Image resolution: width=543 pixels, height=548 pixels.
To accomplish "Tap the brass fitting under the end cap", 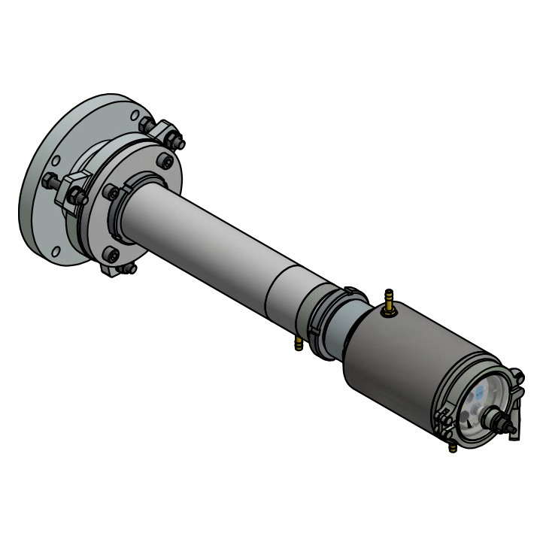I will tap(453, 447).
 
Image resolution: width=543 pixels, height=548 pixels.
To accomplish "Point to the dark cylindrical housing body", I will tap(399, 361).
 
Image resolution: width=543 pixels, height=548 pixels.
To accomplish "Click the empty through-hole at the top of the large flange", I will tap(134, 116).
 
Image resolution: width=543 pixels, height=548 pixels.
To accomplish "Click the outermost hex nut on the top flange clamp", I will tap(177, 142).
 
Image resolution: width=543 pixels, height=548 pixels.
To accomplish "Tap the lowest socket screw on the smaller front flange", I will tap(112, 255).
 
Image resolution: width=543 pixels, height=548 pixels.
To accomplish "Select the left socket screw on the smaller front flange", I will tap(110, 192).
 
